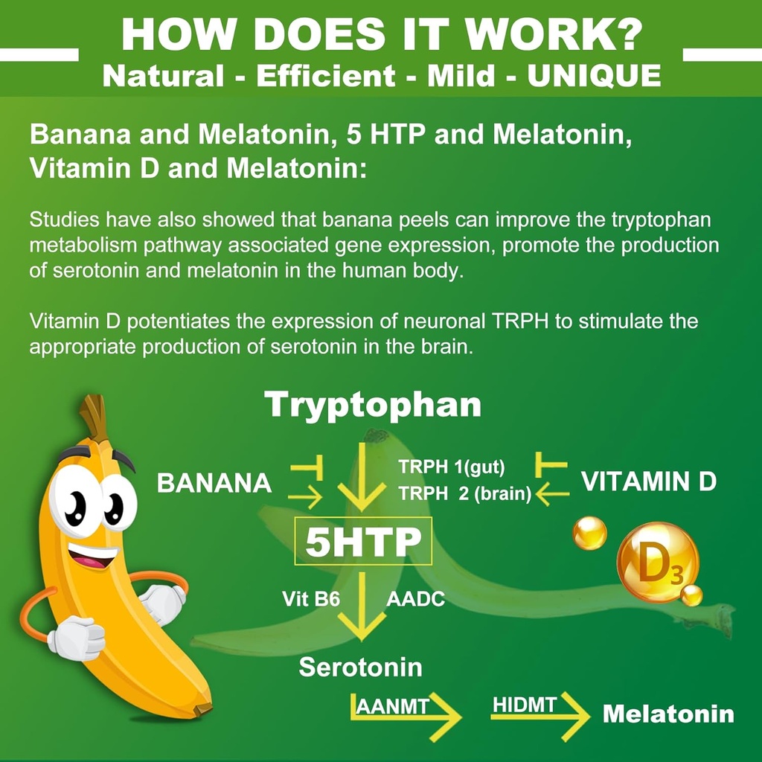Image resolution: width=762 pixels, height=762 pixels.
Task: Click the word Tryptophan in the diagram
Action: tap(373, 406)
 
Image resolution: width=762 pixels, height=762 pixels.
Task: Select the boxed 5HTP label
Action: tap(363, 542)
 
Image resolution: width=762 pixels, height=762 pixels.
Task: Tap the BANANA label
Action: tap(214, 483)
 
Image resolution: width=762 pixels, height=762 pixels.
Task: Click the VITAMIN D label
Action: tap(648, 482)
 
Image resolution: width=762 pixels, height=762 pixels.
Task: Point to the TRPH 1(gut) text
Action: tap(452, 467)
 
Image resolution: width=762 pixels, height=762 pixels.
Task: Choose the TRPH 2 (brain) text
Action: tap(464, 493)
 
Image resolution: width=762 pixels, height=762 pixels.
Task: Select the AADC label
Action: tap(415, 598)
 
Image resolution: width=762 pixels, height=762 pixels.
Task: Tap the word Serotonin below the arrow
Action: tap(360, 667)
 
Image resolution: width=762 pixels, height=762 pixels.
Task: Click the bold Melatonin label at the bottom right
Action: tap(667, 714)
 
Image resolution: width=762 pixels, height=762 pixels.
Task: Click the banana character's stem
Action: tap(95, 417)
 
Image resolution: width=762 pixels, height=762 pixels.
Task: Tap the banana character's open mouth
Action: tap(93, 554)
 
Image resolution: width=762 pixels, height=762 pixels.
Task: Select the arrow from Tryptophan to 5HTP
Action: tap(362, 476)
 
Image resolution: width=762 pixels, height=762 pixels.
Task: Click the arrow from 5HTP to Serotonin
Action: tap(362, 606)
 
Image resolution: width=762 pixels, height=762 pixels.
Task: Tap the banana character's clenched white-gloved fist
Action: tap(77, 638)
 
